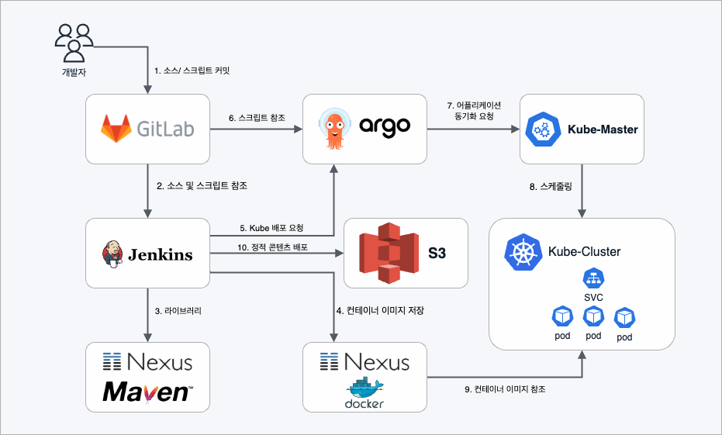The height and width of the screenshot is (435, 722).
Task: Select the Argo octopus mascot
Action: pyautogui.click(x=335, y=129)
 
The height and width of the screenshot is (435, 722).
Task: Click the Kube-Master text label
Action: pyautogui.click(x=603, y=129)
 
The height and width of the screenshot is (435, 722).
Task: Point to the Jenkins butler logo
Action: pyautogui.click(x=112, y=253)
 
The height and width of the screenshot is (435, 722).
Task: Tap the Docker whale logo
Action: pyautogui.click(x=365, y=392)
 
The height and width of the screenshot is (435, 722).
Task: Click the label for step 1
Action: pyautogui.click(x=192, y=71)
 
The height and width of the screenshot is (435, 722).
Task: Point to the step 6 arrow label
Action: pyautogui.click(x=257, y=118)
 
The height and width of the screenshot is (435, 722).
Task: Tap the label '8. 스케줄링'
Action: pyautogui.click(x=551, y=186)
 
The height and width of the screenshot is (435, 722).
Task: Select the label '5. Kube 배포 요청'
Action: pyautogui.click(x=271, y=228)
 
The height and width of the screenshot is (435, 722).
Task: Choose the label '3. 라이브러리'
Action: pyautogui.click(x=178, y=311)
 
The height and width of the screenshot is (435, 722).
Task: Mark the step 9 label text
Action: pyautogui.click(x=504, y=389)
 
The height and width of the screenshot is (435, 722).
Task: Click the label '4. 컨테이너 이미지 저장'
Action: pyautogui.click(x=380, y=311)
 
